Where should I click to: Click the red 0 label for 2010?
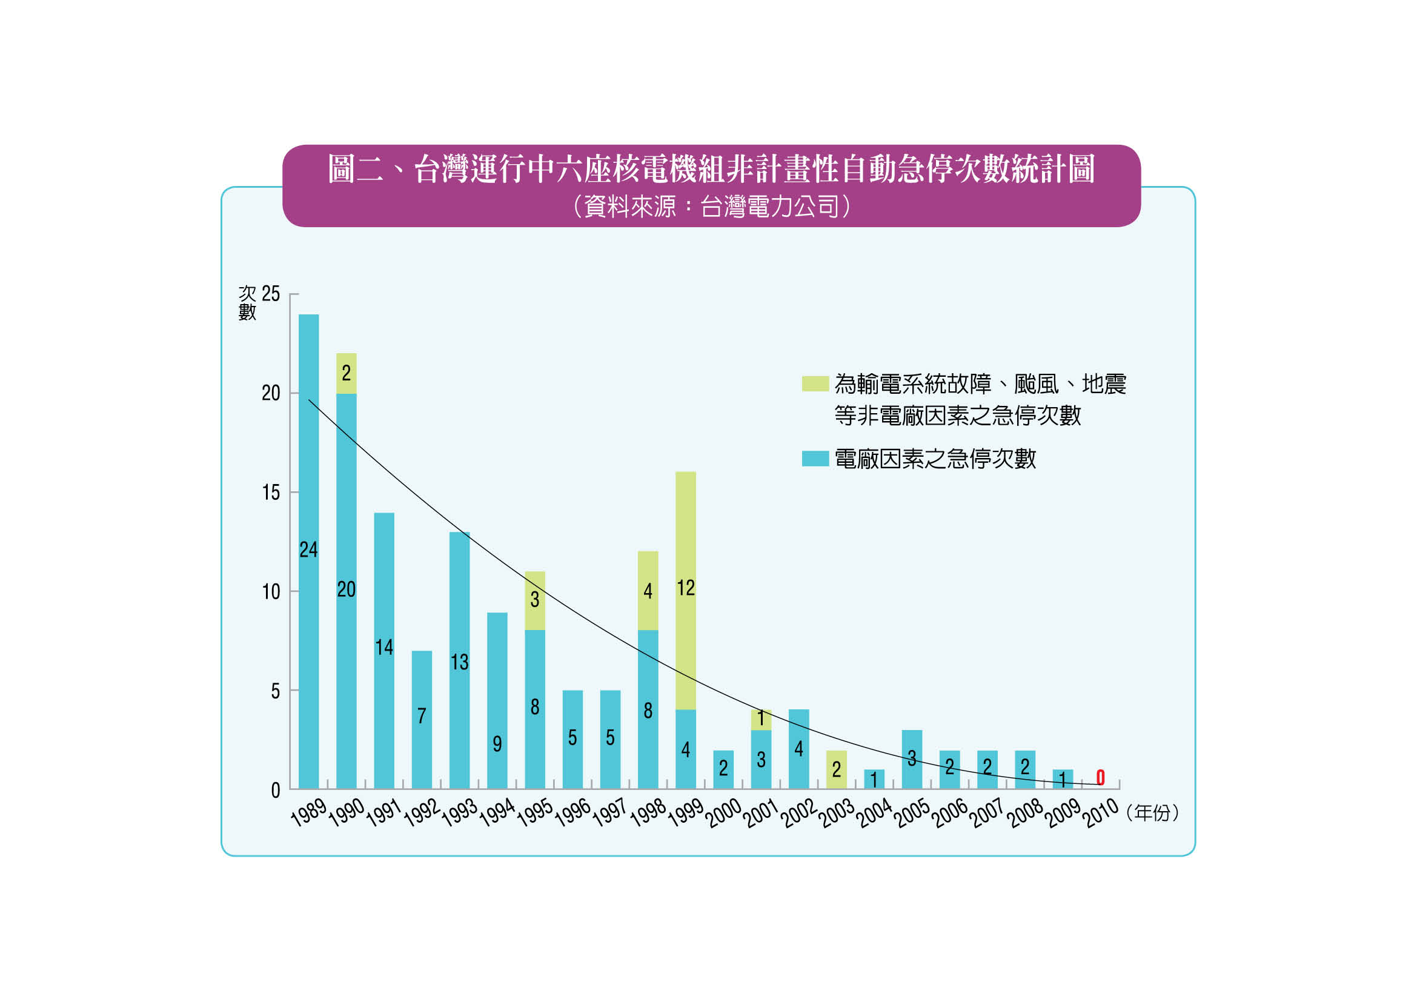tap(1100, 777)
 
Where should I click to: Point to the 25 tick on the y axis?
tap(270, 294)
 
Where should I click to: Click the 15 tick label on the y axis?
tap(270, 493)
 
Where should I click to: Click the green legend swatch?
tap(815, 383)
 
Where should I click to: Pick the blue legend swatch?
tap(815, 459)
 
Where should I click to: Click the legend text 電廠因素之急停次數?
tap(935, 459)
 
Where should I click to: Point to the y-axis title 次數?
tap(247, 302)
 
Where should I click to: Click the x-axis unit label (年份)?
tap(1152, 812)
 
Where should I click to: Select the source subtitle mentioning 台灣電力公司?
tap(711, 206)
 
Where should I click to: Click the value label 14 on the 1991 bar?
tap(384, 647)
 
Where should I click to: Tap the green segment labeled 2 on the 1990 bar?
tap(347, 373)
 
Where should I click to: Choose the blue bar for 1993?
tap(459, 617)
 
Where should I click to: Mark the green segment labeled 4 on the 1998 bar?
tap(648, 591)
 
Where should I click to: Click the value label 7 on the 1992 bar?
tap(422, 715)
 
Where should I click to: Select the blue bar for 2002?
tap(798, 749)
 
